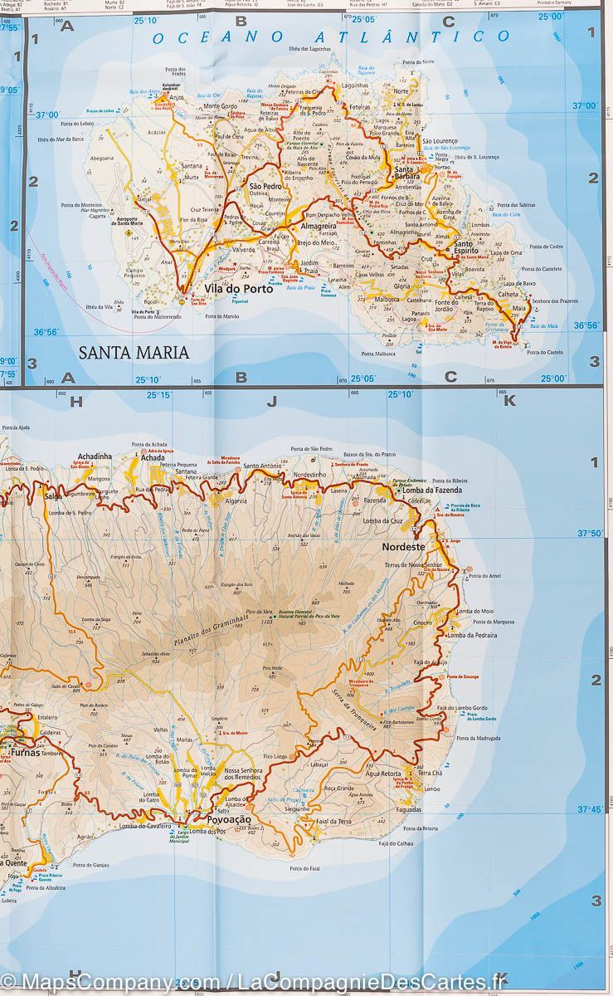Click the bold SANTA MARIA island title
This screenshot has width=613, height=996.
[134, 352]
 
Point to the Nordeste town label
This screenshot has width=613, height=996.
[403, 547]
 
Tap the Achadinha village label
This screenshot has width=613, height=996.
[94, 457]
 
